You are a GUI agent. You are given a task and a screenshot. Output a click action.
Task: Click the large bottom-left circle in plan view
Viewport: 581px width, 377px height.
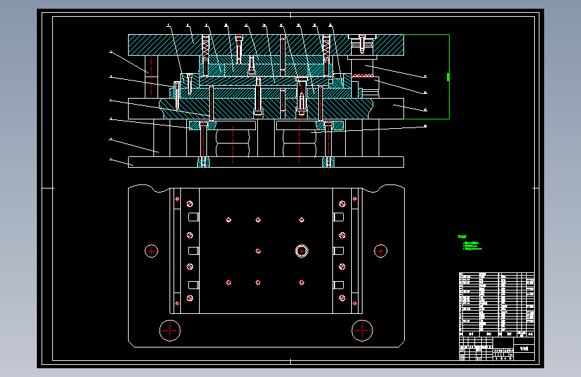point(170,329)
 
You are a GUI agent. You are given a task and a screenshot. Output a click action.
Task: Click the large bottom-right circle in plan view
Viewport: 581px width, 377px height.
point(362,329)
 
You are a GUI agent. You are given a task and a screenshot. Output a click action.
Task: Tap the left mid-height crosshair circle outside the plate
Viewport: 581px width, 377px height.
point(151,251)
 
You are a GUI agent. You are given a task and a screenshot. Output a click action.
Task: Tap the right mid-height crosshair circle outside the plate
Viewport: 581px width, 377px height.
point(381,251)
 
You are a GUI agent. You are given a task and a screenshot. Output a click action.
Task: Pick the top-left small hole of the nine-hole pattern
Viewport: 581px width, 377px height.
point(229,219)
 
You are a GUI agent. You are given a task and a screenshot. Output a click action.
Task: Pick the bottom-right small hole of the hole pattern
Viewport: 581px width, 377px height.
point(302,282)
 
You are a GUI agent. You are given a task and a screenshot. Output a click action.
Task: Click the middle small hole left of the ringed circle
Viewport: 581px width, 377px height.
point(258,251)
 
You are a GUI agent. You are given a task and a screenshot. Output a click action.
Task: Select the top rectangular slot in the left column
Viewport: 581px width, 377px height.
point(194,217)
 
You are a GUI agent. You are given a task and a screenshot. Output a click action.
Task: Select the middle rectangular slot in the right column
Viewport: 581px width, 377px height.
point(340,251)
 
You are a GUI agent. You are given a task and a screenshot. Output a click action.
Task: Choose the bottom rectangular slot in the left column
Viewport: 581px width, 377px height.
point(194,284)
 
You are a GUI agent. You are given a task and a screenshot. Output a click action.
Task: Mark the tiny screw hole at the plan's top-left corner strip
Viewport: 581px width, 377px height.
point(177,199)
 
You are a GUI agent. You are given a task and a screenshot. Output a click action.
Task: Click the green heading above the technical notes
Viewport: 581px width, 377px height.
point(462,237)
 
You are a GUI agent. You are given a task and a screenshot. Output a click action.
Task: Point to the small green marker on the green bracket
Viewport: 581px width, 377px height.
point(446,76)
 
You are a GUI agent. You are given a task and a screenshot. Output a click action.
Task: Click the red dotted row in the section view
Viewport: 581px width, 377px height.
point(363,76)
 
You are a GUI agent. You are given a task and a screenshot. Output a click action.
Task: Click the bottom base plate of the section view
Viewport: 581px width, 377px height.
point(265,162)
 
